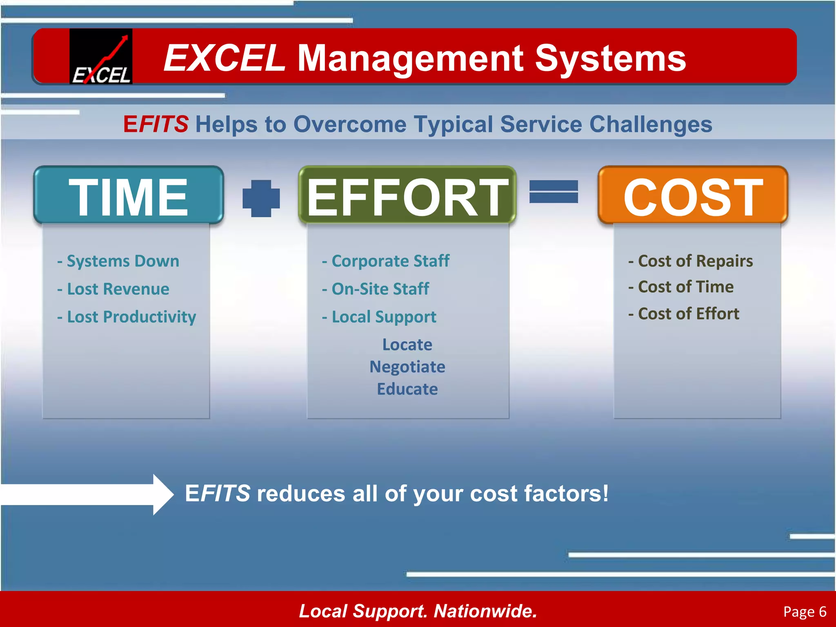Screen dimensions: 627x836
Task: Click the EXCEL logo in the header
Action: point(101,56)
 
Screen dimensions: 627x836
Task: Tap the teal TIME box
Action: point(129,196)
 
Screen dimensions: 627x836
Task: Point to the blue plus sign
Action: point(261,198)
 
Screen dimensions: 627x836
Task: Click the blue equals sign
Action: point(554,192)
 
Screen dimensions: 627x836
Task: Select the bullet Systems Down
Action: point(118,261)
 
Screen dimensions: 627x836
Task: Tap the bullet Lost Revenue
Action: point(113,289)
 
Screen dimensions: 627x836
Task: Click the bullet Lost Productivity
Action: point(127,317)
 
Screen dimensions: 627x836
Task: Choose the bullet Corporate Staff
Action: point(386,261)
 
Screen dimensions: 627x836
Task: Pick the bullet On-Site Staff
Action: point(376,289)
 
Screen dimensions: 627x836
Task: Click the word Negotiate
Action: point(407,367)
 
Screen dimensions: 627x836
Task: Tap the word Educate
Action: point(407,389)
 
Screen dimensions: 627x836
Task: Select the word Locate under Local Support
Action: point(407,345)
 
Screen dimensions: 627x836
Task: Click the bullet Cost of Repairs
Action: point(691,261)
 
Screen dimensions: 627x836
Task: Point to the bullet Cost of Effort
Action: point(684,313)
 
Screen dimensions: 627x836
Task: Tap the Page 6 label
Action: point(805,611)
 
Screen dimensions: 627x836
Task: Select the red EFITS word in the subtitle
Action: point(156,124)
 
